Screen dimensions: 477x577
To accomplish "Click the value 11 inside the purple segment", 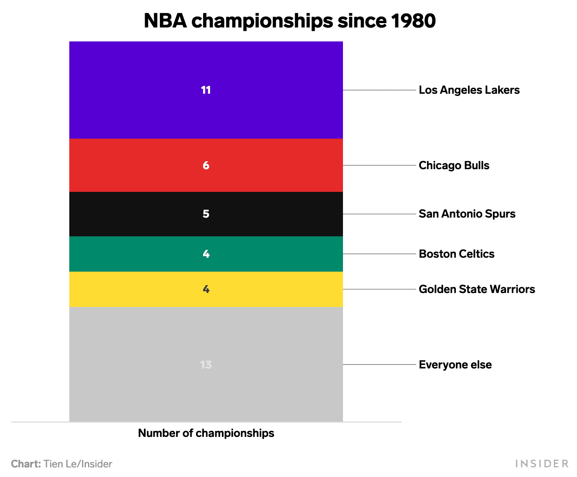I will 206,90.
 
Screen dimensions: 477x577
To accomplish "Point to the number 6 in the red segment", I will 206,165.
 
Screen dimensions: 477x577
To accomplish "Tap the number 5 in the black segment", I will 206,214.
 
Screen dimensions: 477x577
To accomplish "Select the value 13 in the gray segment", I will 206,365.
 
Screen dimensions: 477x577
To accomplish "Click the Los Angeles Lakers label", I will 469,90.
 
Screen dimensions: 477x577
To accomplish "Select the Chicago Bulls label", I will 454,165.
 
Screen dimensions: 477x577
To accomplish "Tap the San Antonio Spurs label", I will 467,214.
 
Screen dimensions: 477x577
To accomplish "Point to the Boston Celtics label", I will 456,254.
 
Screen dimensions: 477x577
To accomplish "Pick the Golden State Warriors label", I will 477,289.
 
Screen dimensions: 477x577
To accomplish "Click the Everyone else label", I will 455,365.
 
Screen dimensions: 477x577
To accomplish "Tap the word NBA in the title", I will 165,21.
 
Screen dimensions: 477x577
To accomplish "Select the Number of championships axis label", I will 206,433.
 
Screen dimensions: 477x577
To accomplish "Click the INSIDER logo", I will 542,463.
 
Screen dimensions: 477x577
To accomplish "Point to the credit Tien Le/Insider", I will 78,464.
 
